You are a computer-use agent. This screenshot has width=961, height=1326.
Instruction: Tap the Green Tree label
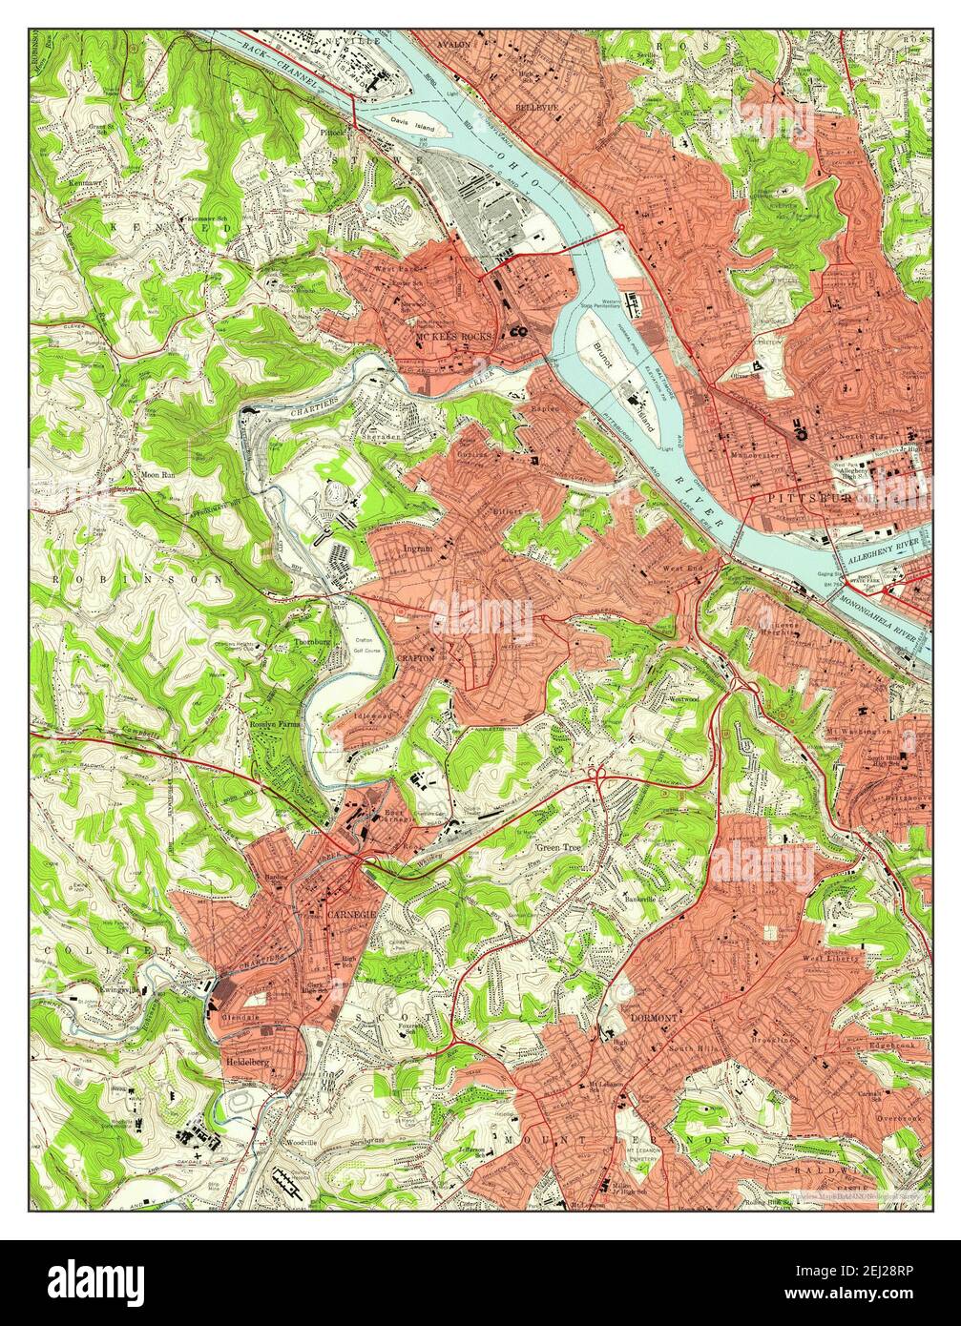click(558, 847)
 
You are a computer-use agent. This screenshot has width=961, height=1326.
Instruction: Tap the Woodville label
click(305, 1142)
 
